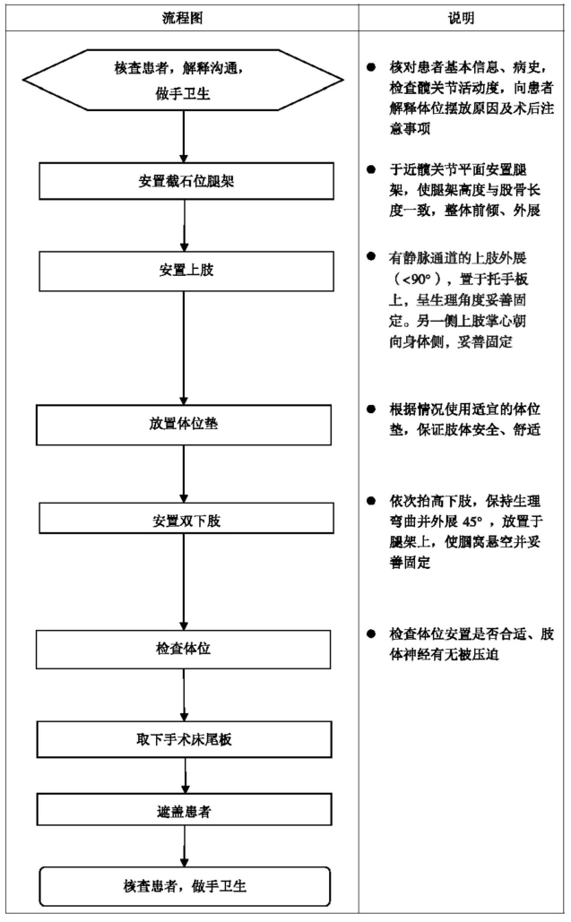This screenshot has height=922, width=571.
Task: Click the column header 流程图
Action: click(x=182, y=18)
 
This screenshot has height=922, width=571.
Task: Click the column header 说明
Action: click(x=461, y=18)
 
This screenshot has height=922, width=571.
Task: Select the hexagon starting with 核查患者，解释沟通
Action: click(x=183, y=80)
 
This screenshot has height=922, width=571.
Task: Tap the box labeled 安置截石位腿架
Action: click(x=186, y=181)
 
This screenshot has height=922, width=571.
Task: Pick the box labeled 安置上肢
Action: click(x=186, y=271)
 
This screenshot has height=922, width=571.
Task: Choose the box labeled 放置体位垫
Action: click(x=184, y=425)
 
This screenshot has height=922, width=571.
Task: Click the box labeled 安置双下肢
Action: click(x=186, y=518)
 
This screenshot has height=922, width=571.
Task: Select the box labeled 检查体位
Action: click(x=184, y=649)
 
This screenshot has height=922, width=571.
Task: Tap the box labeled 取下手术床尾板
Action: click(x=184, y=739)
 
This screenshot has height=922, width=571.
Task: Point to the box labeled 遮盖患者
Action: click(x=184, y=810)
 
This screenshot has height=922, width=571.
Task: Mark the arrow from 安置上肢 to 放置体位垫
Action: click(x=184, y=348)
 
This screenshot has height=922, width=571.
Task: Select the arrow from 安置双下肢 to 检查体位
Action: click(x=184, y=582)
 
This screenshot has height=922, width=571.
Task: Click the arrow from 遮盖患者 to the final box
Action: click(x=184, y=846)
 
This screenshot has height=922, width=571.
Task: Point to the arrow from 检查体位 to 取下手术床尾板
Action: click(x=184, y=695)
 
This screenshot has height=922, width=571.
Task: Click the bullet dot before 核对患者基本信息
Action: click(x=371, y=67)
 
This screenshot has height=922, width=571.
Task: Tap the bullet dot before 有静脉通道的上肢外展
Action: click(x=371, y=256)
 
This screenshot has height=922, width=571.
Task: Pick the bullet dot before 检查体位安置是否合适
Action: click(x=371, y=633)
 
